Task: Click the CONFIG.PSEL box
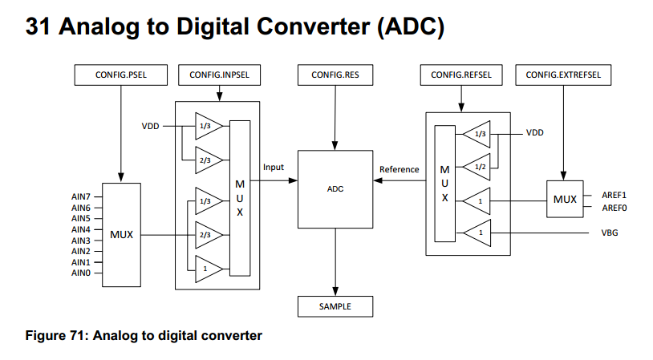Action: (120, 75)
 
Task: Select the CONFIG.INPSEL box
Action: (219, 75)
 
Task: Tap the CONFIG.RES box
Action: (335, 75)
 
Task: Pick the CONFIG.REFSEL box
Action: (461, 75)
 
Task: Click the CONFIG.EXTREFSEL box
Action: (563, 75)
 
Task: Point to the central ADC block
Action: (335, 189)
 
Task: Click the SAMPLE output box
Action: (335, 306)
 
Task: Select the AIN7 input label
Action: (81, 196)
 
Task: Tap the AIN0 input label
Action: (81, 273)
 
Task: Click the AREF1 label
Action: (614, 195)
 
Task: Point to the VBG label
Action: (610, 233)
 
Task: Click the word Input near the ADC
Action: (274, 167)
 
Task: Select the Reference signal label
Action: (399, 169)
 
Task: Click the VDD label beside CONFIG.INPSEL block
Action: (151, 126)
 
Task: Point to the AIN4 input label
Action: (81, 229)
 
